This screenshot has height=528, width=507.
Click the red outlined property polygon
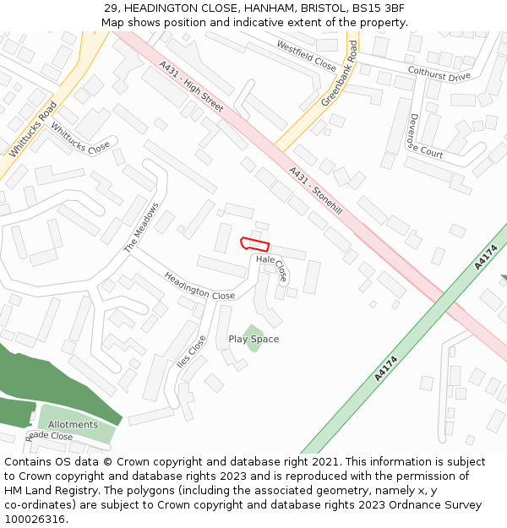[x=254, y=244]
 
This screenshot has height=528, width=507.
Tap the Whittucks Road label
[x=33, y=129]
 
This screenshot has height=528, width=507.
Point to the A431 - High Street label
[x=192, y=86]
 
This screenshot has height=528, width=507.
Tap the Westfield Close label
[x=306, y=55]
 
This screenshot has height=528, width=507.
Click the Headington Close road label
[x=199, y=285]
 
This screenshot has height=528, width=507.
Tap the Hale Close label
[x=272, y=268]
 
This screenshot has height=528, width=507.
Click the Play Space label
[x=253, y=340]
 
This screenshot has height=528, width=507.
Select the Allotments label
[x=73, y=425]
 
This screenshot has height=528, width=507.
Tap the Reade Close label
[x=51, y=437]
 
